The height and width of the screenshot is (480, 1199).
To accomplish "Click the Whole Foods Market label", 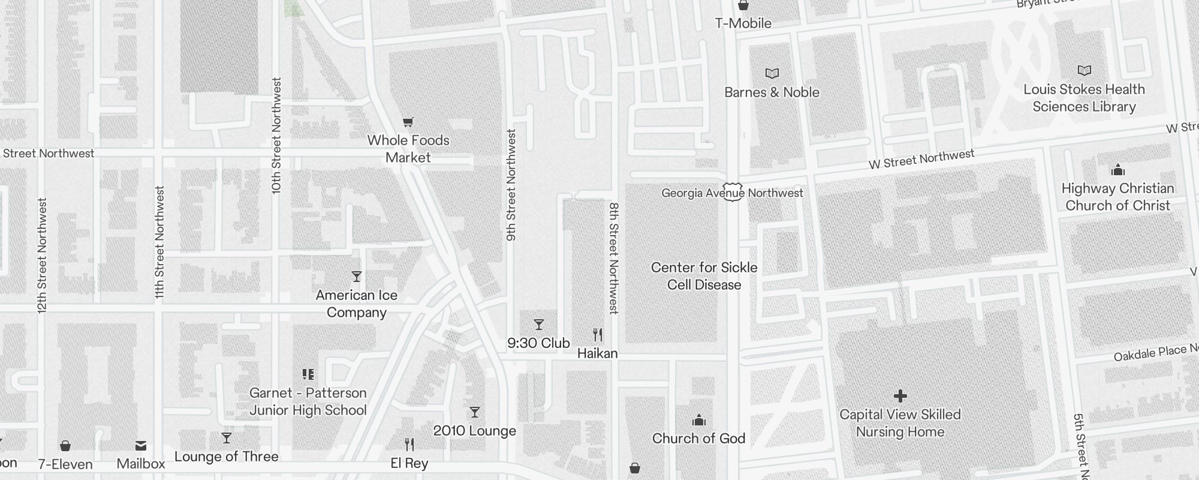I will (x=408, y=149).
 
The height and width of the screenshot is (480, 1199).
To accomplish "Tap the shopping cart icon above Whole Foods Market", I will (x=408, y=122).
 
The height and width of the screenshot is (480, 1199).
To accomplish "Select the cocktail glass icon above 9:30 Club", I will (x=539, y=325).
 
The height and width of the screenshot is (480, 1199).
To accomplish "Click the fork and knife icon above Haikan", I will (x=598, y=334).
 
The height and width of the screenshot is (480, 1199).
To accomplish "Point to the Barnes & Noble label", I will (x=772, y=92).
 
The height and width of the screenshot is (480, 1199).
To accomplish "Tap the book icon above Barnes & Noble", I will (x=772, y=74).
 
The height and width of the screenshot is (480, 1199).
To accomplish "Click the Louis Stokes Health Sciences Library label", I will (x=1084, y=98).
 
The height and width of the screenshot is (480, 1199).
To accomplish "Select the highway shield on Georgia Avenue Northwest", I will (x=733, y=192).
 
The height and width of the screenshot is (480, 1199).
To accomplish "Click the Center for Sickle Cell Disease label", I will (x=704, y=276).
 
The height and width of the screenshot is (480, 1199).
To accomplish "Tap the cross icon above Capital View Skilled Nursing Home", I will (x=900, y=396).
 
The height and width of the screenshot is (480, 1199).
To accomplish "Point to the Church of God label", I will (x=698, y=439).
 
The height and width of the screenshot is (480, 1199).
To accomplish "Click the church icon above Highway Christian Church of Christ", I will (x=1117, y=170).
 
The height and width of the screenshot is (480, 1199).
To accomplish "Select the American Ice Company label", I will (x=357, y=304).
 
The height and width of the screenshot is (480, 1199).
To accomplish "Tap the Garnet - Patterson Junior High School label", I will (x=308, y=401).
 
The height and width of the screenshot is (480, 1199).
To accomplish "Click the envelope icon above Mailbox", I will (x=141, y=445).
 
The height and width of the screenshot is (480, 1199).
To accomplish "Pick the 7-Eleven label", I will (x=65, y=464).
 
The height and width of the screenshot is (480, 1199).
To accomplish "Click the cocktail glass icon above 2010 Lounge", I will (x=475, y=412).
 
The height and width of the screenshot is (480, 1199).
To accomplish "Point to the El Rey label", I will (x=409, y=463).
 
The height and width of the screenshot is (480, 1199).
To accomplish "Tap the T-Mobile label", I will (x=743, y=23).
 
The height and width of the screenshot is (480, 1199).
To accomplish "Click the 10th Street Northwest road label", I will (x=276, y=135).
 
